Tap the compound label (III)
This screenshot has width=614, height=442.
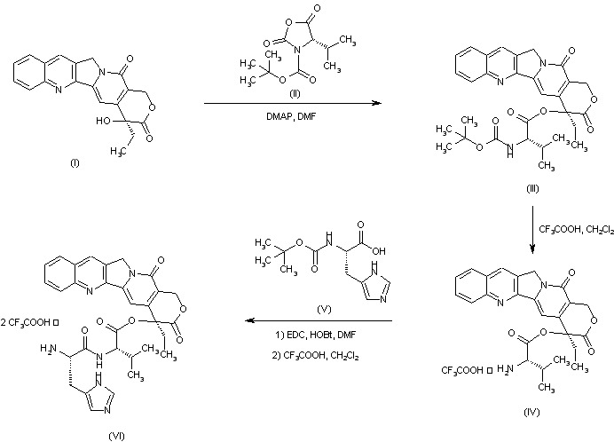tap(531, 188)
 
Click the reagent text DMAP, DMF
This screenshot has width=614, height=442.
tap(295, 116)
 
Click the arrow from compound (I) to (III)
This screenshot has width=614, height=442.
tap(293, 104)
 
